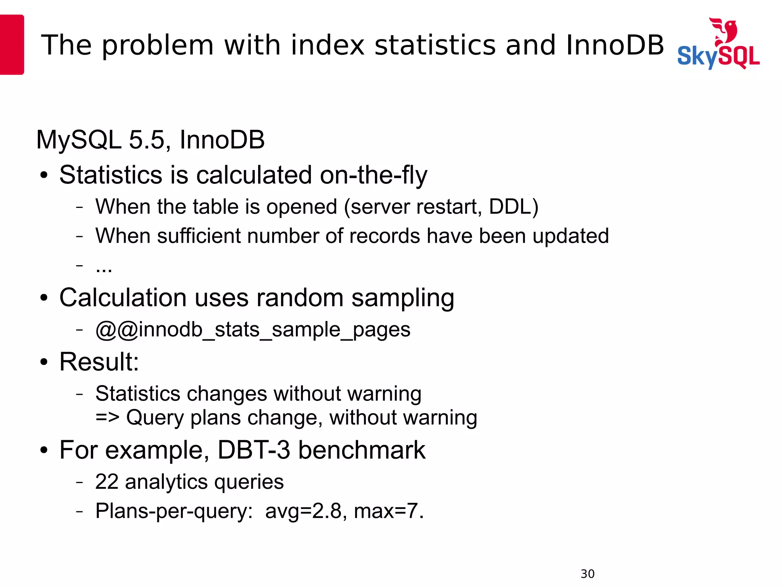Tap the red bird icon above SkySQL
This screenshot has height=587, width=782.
(724, 31)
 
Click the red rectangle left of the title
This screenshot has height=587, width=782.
(11, 44)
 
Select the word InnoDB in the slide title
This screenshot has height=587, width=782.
(615, 45)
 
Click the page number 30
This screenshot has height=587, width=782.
(587, 574)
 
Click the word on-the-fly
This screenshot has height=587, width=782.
(373, 175)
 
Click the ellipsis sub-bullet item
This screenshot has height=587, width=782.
(104, 267)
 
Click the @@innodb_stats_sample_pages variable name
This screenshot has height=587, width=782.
(253, 329)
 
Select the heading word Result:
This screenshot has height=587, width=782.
(99, 362)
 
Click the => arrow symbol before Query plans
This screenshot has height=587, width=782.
(107, 417)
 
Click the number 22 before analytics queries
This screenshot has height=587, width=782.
(107, 482)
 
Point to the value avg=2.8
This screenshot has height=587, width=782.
(303, 511)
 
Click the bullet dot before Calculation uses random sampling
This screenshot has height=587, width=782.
(44, 298)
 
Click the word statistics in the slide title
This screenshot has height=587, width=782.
(435, 45)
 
